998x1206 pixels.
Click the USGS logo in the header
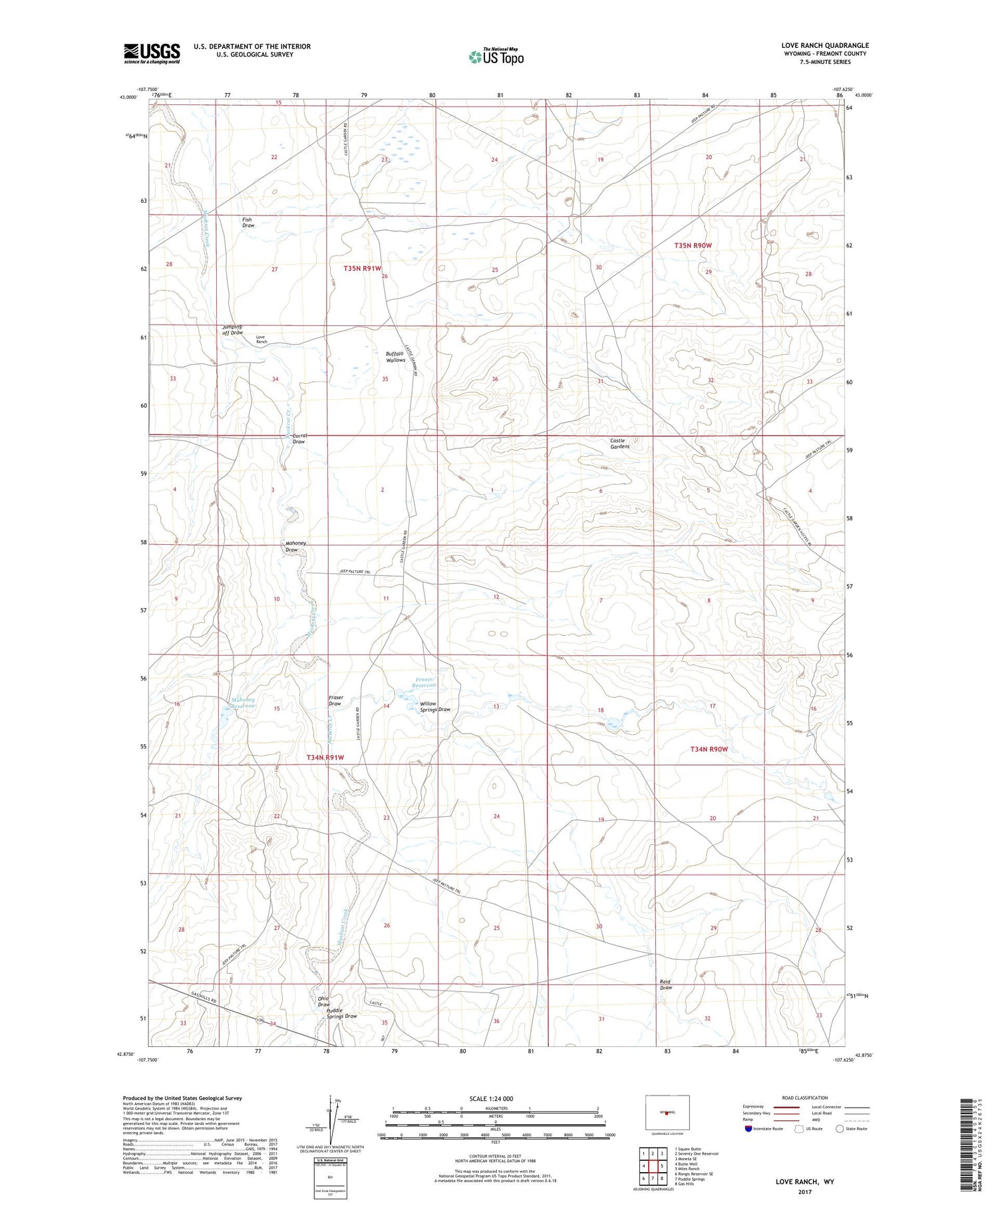152,53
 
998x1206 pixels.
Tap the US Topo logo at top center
496,57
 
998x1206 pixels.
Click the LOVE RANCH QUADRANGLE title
825,45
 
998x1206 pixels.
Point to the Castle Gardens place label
619,444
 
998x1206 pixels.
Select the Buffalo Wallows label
395,357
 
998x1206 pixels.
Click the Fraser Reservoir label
424,682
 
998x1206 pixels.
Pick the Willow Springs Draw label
434,706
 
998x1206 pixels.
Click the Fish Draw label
248,222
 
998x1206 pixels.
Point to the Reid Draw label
665,984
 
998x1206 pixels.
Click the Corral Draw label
299,439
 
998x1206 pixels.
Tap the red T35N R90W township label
693,245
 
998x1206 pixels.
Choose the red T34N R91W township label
325,758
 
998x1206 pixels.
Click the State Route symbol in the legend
840,1128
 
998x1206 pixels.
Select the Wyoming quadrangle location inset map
667,1113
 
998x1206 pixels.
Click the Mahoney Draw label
295,546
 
